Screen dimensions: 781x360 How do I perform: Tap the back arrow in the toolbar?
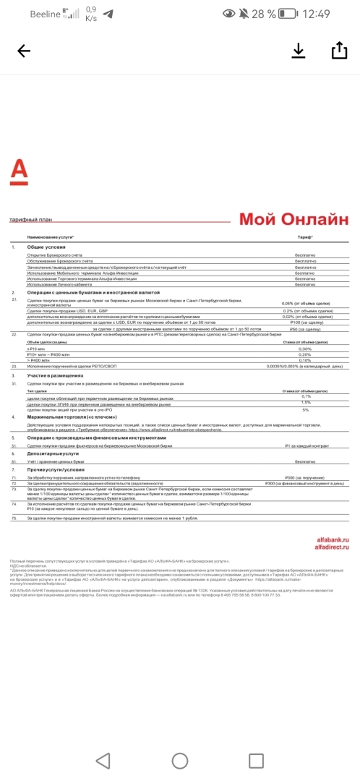point(24,51)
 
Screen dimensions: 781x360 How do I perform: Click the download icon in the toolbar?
point(299,50)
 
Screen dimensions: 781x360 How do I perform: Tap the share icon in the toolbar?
point(338,50)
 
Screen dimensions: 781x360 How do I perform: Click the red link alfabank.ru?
point(333,540)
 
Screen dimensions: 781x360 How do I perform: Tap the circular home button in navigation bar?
point(179,760)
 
